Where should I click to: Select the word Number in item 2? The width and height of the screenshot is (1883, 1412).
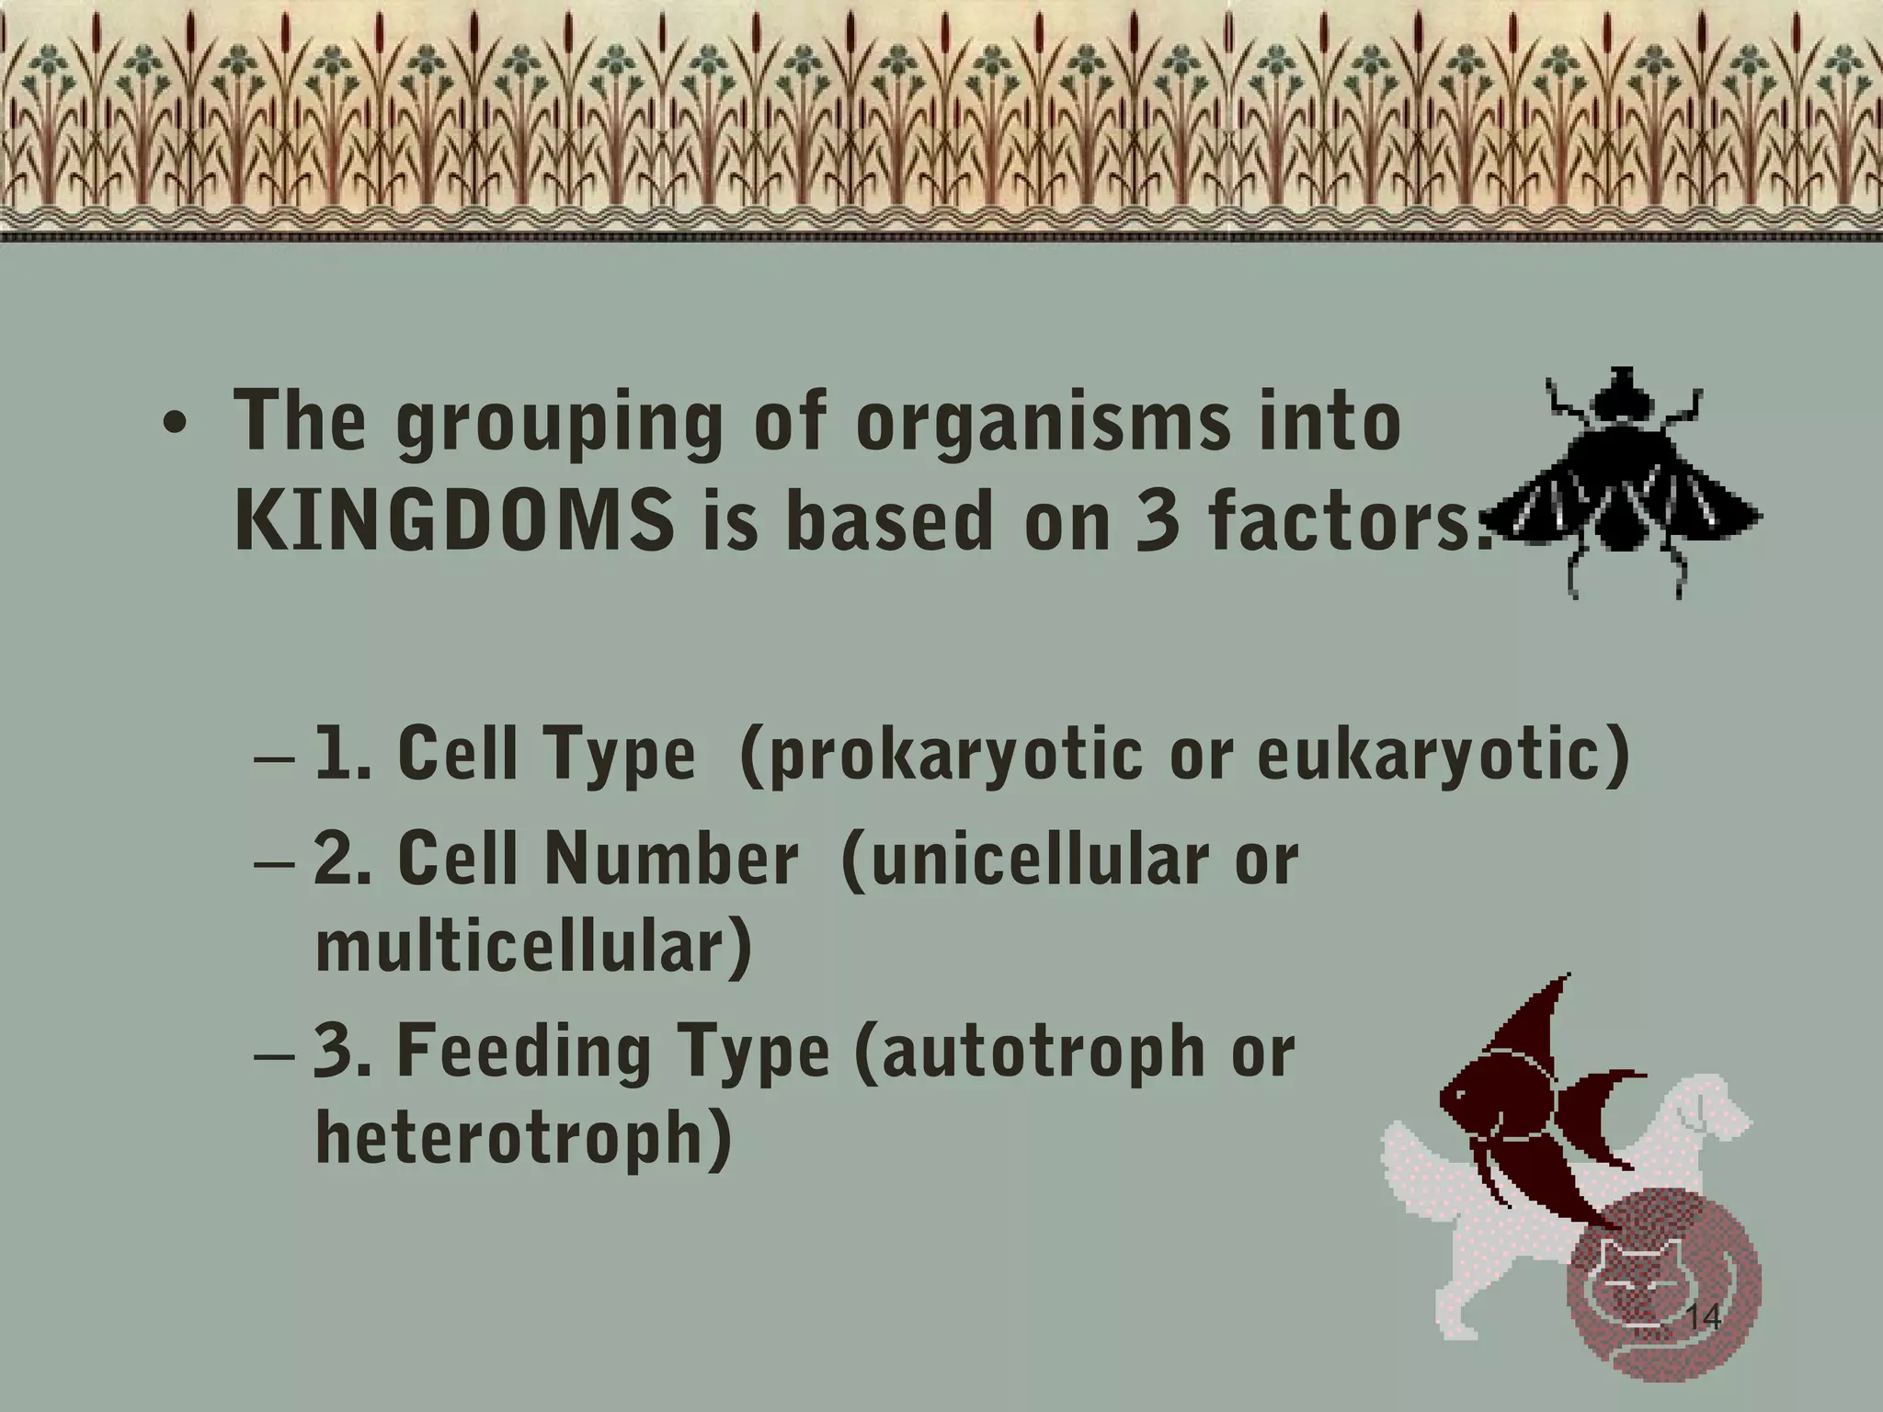pos(671,858)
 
